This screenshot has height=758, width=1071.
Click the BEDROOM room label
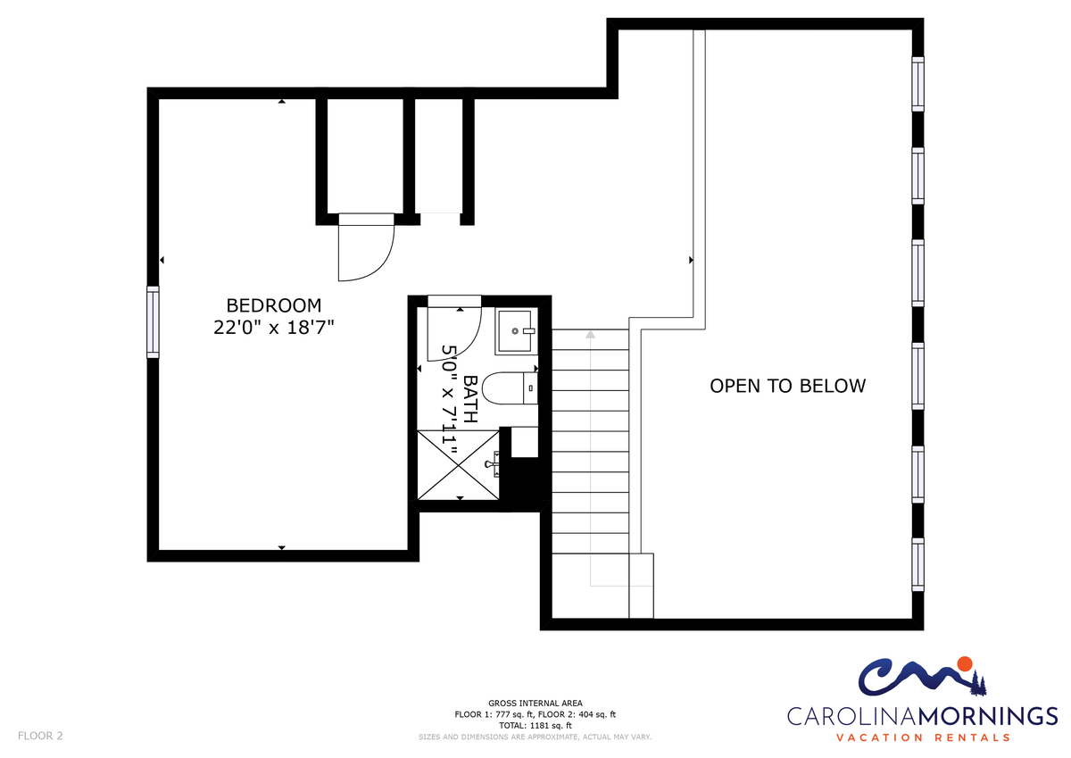[x=273, y=305]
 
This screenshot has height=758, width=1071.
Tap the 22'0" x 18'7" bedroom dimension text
[x=273, y=328]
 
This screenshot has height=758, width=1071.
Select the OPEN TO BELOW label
[x=787, y=386]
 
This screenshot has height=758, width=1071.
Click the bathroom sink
[x=516, y=331]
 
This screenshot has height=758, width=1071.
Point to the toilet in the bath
[x=510, y=387]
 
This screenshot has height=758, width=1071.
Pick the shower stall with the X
[x=458, y=465]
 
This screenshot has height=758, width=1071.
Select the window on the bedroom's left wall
[x=153, y=321]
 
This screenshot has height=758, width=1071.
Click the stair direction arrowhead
[x=591, y=334]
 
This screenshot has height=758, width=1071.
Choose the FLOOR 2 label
[x=40, y=736]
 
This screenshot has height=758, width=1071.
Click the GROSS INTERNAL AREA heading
[x=535, y=703]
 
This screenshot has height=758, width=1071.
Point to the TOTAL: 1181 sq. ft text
[x=535, y=726]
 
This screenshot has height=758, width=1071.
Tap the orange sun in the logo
[x=965, y=663]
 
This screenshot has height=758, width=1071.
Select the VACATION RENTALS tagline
[x=923, y=737]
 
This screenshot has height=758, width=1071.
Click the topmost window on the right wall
[x=917, y=84]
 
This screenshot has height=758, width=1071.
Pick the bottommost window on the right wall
[x=917, y=564]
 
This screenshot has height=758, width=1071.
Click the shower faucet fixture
[x=493, y=464]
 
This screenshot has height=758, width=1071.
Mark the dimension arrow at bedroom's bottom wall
[x=282, y=547]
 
